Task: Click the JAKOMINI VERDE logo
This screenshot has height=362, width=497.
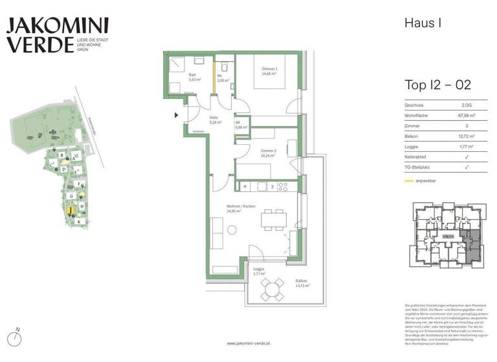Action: click(x=57, y=36)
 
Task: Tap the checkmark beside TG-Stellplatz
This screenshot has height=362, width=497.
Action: click(x=466, y=167)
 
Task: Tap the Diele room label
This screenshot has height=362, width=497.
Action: click(x=215, y=120)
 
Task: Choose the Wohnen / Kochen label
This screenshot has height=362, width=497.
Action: click(x=241, y=208)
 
